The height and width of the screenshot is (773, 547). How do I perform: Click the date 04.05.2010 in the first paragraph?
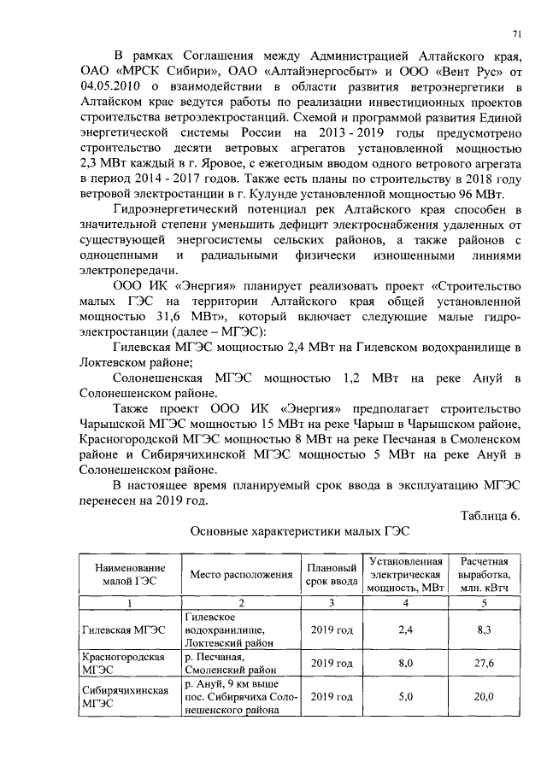tap(104, 86)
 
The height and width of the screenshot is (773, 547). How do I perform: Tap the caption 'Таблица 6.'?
tap(489, 515)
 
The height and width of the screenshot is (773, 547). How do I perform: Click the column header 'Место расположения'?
tap(240, 574)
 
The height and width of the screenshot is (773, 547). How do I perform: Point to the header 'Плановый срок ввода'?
tap(332, 574)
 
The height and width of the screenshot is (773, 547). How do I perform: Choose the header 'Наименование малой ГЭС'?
tap(130, 574)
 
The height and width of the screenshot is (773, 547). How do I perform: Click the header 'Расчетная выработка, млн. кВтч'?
tap(485, 574)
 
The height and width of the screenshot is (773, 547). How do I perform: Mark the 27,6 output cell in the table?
tap(485, 663)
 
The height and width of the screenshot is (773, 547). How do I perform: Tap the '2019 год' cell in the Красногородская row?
tap(332, 663)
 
